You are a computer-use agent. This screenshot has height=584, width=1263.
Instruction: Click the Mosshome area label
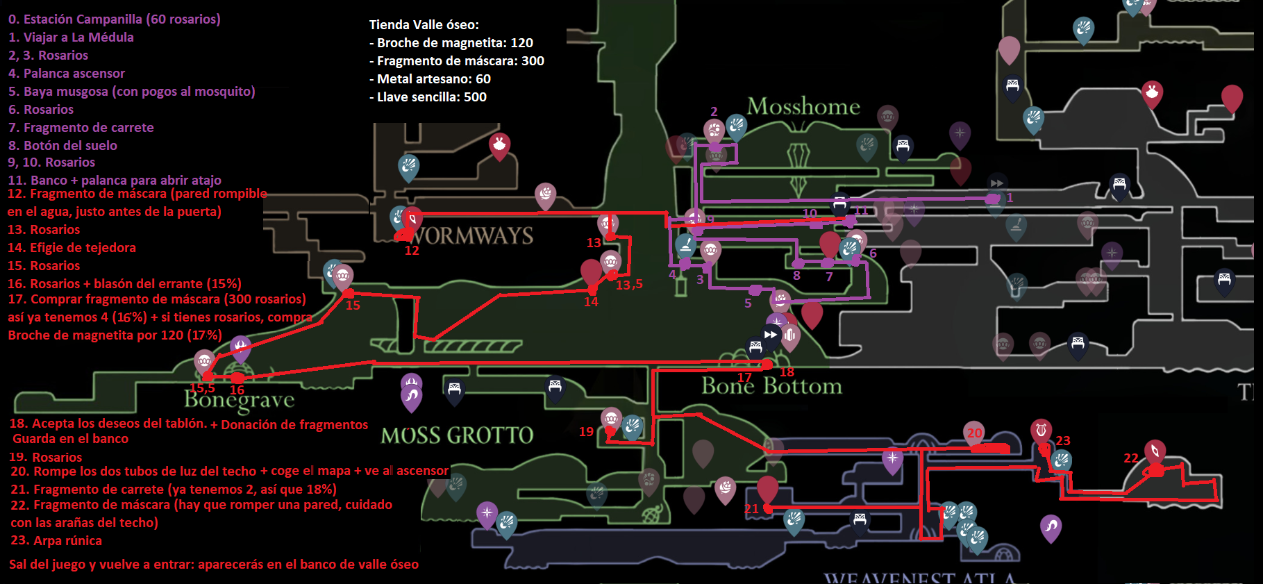click(803, 106)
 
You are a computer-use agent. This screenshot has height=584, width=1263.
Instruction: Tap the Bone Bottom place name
click(771, 386)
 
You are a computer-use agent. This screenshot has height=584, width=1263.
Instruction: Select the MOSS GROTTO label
click(457, 435)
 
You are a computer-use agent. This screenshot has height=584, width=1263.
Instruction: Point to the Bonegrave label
click(240, 399)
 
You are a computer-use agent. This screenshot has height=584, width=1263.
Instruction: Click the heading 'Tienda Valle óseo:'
click(424, 25)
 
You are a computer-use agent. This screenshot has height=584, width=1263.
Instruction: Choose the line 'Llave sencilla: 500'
click(428, 97)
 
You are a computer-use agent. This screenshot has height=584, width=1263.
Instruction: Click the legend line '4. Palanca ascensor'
click(67, 74)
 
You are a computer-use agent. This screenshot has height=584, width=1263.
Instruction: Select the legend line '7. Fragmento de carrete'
click(81, 128)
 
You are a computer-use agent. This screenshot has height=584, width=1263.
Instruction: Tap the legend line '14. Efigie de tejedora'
click(72, 248)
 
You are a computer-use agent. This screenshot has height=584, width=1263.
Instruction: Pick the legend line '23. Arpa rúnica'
click(56, 541)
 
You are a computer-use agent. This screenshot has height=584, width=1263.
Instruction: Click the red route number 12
click(412, 251)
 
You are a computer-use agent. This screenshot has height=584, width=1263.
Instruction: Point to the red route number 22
click(1131, 458)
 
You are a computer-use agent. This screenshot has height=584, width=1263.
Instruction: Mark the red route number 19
click(586, 432)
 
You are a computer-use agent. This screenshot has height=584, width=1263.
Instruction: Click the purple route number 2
click(714, 112)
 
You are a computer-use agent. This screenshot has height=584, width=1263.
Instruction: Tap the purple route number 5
click(748, 303)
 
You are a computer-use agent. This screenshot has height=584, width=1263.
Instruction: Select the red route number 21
click(751, 509)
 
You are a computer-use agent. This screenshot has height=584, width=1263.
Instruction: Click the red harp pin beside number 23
click(1040, 431)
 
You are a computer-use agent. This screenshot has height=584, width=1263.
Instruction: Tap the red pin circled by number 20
click(975, 433)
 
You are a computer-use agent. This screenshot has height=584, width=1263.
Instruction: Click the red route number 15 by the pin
click(353, 306)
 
